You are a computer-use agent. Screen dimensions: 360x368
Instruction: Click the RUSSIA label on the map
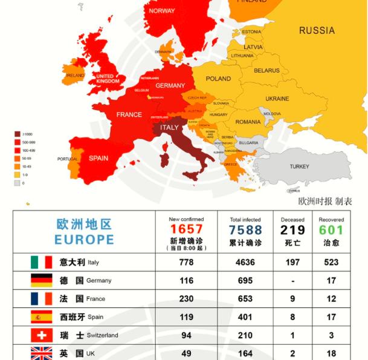tap(317, 30)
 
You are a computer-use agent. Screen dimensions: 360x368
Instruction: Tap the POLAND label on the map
tap(218, 79)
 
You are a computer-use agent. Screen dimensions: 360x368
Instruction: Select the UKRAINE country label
tap(277, 99)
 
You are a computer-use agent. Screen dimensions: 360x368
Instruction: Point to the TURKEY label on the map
tap(299, 166)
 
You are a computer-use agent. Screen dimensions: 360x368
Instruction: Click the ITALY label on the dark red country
tap(169, 128)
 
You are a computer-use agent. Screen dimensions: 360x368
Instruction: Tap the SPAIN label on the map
tap(98, 159)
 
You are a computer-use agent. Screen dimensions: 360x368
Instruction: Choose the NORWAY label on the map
tap(161, 11)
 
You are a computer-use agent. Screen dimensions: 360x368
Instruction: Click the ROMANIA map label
tap(248, 122)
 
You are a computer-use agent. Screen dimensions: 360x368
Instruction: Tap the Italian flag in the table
tap(42, 263)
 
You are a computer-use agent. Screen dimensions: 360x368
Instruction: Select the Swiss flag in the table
tap(42, 335)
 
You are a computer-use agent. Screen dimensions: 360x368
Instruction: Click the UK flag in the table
tap(42, 353)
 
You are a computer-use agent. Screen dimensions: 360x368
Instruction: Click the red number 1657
tap(186, 230)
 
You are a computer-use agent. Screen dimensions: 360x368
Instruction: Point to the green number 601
tap(331, 230)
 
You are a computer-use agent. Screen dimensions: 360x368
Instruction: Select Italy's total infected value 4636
tap(245, 263)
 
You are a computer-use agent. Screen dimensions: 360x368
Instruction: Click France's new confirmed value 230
tap(186, 299)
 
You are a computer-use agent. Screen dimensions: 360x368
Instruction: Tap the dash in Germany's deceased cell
tap(292, 281)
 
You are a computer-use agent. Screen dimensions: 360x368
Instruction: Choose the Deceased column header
tap(292, 220)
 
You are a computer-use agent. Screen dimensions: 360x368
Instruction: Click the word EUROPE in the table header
tap(84, 240)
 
